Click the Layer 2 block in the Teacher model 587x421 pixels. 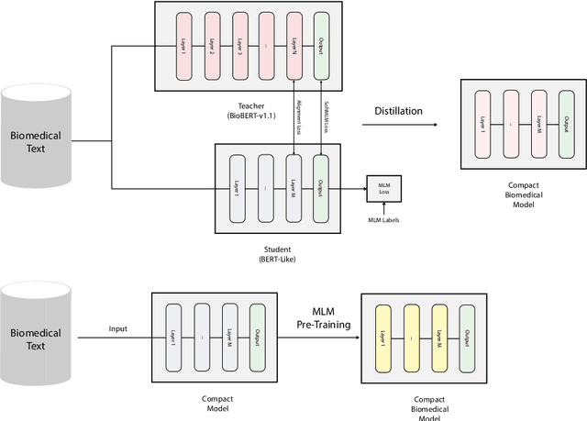(x=213, y=46)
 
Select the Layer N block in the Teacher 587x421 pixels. (x=293, y=46)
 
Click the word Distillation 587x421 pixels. (x=398, y=111)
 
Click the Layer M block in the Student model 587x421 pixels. (x=293, y=189)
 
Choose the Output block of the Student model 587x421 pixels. (x=320, y=189)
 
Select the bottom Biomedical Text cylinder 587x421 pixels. (x=35, y=338)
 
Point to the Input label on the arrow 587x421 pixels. (x=118, y=328)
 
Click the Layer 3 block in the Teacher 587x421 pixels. (x=240, y=46)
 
